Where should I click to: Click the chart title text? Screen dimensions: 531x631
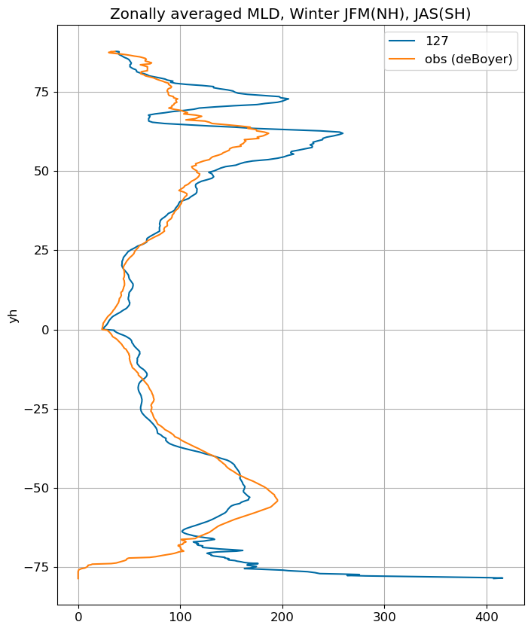pos(290,14)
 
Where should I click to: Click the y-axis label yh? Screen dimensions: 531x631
pos(14,315)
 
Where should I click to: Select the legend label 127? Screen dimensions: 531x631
pos(437,41)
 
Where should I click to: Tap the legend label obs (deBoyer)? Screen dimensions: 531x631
pos(468,59)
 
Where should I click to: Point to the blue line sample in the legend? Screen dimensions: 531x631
pos(401,41)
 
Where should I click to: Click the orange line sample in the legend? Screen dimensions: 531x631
pos(401,59)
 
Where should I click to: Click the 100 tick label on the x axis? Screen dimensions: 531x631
pos(180,617)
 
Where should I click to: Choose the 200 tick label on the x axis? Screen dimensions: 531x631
pos(282,617)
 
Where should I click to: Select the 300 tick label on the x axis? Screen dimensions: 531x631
pos(384,617)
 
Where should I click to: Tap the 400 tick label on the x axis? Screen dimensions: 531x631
pos(487,617)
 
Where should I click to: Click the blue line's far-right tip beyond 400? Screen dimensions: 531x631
pos(503,578)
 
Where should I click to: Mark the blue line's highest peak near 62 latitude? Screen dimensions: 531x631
pos(343,133)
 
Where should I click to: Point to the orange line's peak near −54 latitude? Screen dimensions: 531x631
pos(278,500)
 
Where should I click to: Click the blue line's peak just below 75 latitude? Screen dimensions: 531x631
pos(288,99)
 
